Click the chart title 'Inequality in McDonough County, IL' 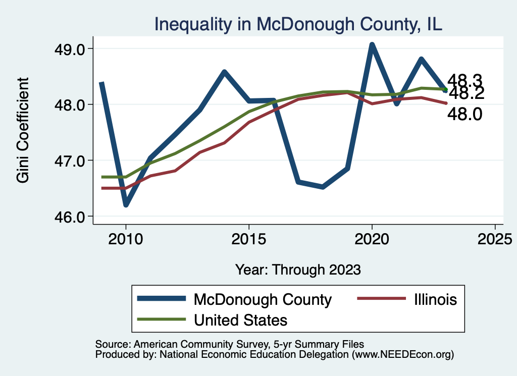tap(298, 24)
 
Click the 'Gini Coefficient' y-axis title tap(23, 130)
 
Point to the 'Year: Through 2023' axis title tap(298, 270)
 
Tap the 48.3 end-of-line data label tap(465, 81)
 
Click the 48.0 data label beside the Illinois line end tap(465, 115)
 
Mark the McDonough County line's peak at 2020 tap(372, 45)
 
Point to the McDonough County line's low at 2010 tap(126, 204)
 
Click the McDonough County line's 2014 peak tap(224, 72)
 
